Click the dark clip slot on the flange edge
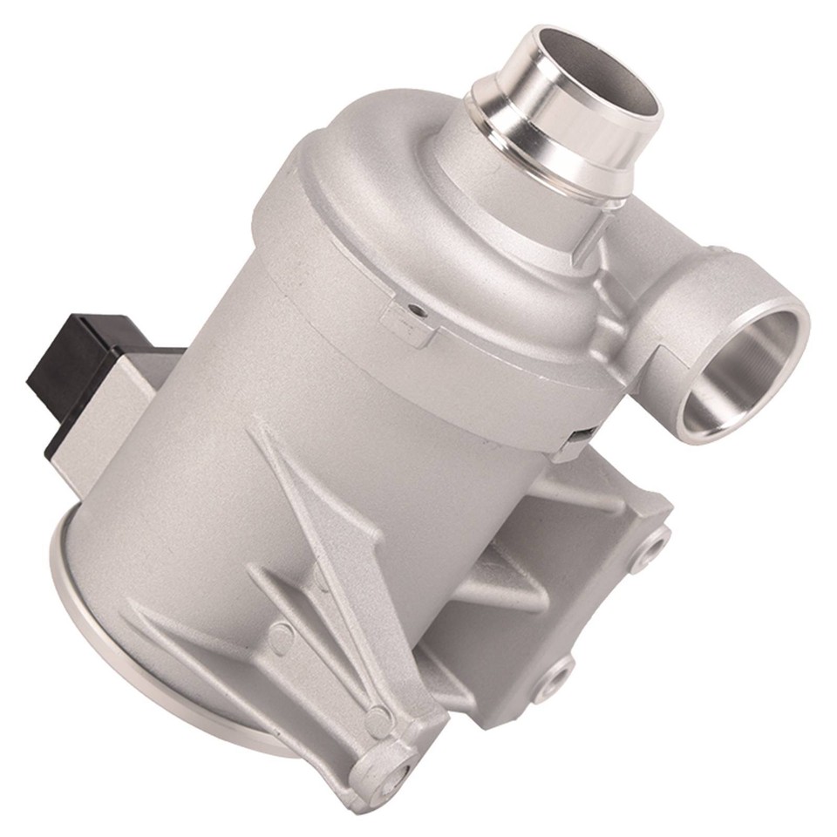pyautogui.click(x=582, y=433)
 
